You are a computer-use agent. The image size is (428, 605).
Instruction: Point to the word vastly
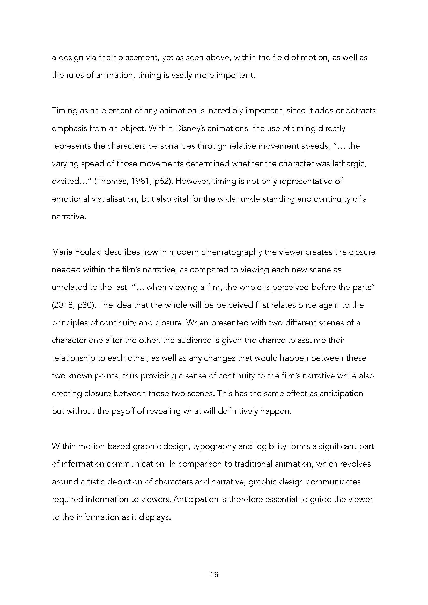[x=182, y=76]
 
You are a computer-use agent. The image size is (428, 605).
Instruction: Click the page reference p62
[x=161, y=182]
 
